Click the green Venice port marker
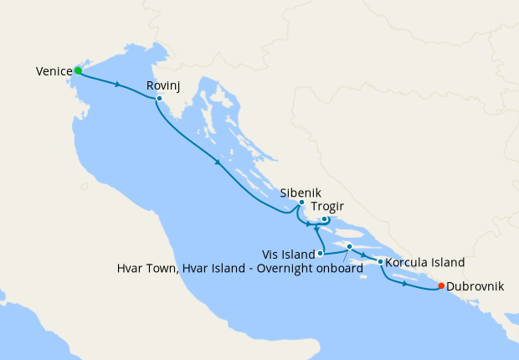(x=78, y=70)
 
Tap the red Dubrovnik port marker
(x=441, y=286)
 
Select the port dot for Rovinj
(x=159, y=98)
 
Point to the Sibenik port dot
(x=301, y=203)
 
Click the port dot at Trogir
(x=325, y=220)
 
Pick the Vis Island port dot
(x=321, y=252)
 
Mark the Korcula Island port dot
(x=381, y=262)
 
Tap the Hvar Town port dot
(x=349, y=246)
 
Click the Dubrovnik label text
(x=475, y=286)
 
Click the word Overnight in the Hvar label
(x=295, y=269)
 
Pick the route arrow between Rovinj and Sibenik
(x=218, y=162)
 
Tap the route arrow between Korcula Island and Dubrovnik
(x=405, y=284)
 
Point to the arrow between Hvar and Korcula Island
(x=364, y=254)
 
